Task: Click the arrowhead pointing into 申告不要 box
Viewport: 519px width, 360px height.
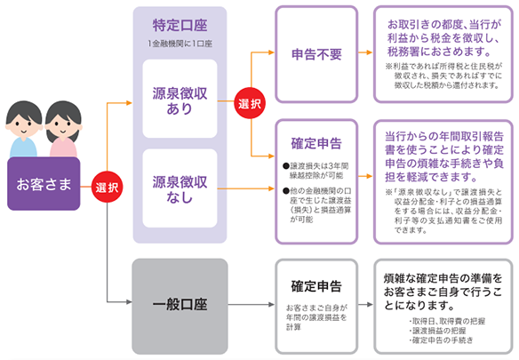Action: (270, 53)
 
